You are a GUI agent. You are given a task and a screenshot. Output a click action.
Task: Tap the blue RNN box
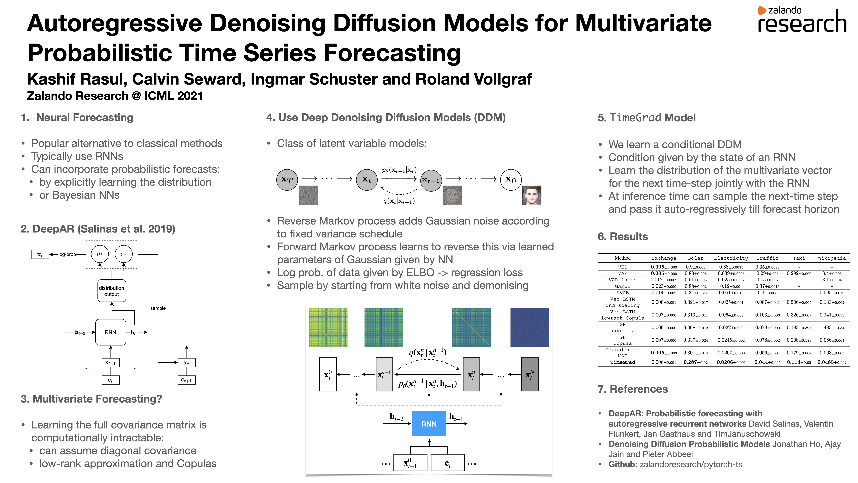[429, 424]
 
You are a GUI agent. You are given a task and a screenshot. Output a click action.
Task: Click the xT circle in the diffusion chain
[287, 180]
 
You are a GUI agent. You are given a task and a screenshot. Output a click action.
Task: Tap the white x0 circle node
[511, 180]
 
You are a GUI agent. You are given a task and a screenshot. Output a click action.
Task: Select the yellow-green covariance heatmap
[328, 327]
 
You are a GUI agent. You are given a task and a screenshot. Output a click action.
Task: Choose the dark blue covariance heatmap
[530, 327]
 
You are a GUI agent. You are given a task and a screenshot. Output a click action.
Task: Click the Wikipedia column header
[832, 258]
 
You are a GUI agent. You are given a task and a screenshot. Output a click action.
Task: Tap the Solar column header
[695, 258]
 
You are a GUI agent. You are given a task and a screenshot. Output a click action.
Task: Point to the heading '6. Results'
[623, 237]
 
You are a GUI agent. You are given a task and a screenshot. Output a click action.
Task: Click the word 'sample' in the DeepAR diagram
[158, 308]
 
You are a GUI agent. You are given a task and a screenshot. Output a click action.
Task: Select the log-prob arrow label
[67, 254]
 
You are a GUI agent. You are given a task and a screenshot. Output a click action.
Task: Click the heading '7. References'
[632, 389]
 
